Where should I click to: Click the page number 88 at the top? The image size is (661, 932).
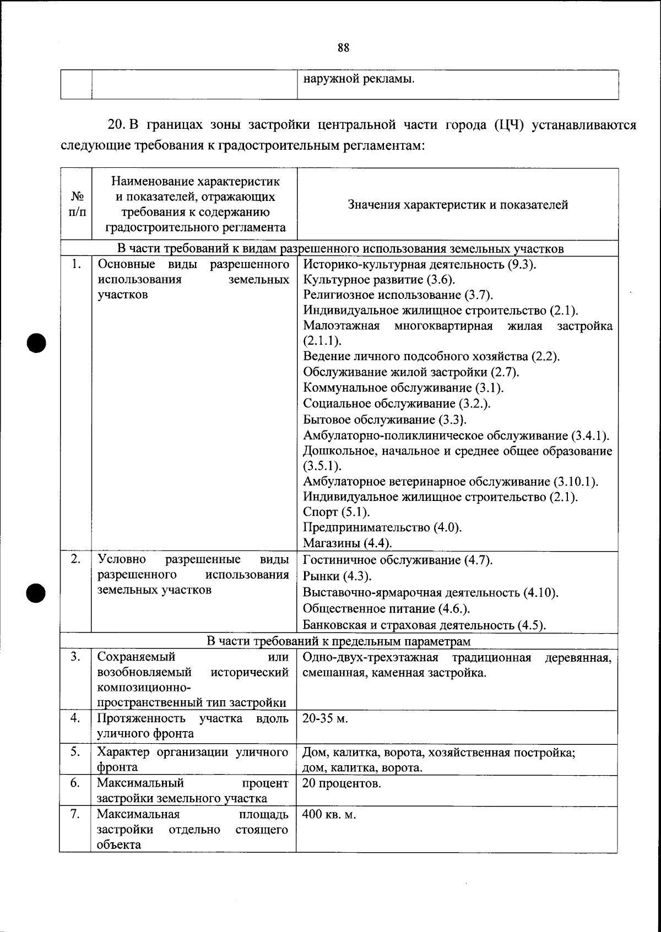[x=343, y=48]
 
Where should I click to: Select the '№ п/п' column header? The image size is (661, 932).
[x=77, y=204]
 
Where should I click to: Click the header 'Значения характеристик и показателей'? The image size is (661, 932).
[x=458, y=205]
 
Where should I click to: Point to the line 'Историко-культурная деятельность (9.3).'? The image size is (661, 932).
[x=420, y=264]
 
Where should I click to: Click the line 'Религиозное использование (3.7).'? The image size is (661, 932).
[x=398, y=295]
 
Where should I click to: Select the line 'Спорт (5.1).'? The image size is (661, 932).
[x=337, y=513]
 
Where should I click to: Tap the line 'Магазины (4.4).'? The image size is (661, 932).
[x=348, y=543]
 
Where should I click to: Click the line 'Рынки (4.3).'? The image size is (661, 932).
[x=337, y=576]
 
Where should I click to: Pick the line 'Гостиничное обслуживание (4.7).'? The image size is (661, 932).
[x=398, y=560]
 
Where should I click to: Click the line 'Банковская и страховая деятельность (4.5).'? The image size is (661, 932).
[x=424, y=625]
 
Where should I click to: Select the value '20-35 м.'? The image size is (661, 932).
[x=326, y=719]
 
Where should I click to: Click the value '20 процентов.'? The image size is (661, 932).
[x=342, y=783]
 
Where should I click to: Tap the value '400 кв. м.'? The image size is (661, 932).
[x=329, y=815]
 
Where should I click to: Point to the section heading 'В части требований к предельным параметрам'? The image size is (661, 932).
[x=339, y=641]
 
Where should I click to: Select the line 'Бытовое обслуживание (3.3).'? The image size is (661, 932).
[x=385, y=421]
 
